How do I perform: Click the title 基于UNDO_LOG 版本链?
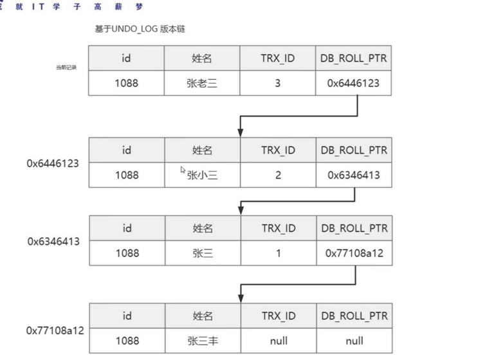140,30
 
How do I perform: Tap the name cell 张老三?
202,83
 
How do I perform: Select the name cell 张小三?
202,174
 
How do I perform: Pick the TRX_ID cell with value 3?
277,83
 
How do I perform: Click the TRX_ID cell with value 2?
277,174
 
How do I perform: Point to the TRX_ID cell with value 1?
277,253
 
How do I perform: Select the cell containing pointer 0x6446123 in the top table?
353,83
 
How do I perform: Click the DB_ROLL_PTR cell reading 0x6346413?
353,174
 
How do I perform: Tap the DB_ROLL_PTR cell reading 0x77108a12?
353,253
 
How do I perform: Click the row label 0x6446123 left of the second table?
53,163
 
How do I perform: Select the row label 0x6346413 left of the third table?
53,242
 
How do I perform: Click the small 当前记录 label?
66,67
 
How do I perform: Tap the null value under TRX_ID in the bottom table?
277,341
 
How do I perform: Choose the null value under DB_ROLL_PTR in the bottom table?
353,341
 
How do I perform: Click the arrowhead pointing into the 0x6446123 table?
240,132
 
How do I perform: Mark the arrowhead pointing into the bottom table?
240,298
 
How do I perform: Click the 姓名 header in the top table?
202,59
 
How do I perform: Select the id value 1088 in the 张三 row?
127,253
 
